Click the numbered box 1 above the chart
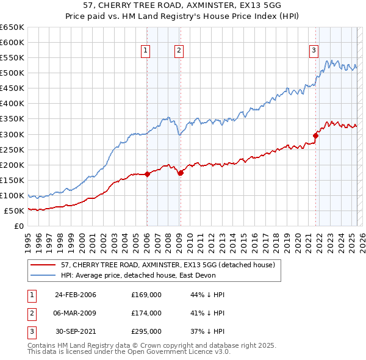tap(146, 51)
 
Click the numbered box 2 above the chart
tap(179, 51)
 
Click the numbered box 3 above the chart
tap(314, 51)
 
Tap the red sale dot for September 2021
tap(316, 135)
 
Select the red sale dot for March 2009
tap(181, 173)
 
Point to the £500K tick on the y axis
tap(13, 73)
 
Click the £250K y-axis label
tap(13, 149)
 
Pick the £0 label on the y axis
tap(18, 226)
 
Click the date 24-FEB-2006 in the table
tap(76, 295)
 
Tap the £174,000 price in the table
tap(146, 313)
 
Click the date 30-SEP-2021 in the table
tap(76, 331)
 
